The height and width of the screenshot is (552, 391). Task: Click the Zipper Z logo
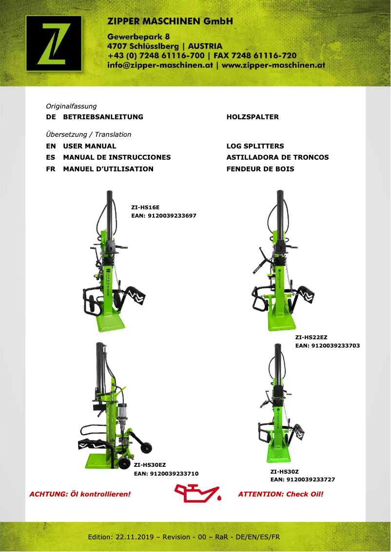pos(54,43)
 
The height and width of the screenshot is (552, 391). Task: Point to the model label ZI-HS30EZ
pos(150,465)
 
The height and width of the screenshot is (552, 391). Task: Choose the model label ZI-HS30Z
pos(284,472)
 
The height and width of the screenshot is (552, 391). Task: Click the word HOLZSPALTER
pos(253,117)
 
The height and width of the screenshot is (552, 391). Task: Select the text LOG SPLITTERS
pos(255,146)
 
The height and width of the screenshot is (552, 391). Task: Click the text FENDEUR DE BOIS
pos(260,169)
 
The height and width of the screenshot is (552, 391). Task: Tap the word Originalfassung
pos(71,106)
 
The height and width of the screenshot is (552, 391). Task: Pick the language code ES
pos(51,157)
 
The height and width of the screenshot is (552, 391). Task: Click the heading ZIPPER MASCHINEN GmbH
pos(170,21)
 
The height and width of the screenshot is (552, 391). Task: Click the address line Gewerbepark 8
pos(138,37)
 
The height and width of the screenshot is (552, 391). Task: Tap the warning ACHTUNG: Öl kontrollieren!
pos(80,494)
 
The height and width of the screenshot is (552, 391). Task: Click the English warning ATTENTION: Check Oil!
pos(280,494)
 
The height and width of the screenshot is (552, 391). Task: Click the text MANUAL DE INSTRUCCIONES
pos(117,157)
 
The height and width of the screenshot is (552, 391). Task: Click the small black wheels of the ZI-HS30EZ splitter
pos(145,447)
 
